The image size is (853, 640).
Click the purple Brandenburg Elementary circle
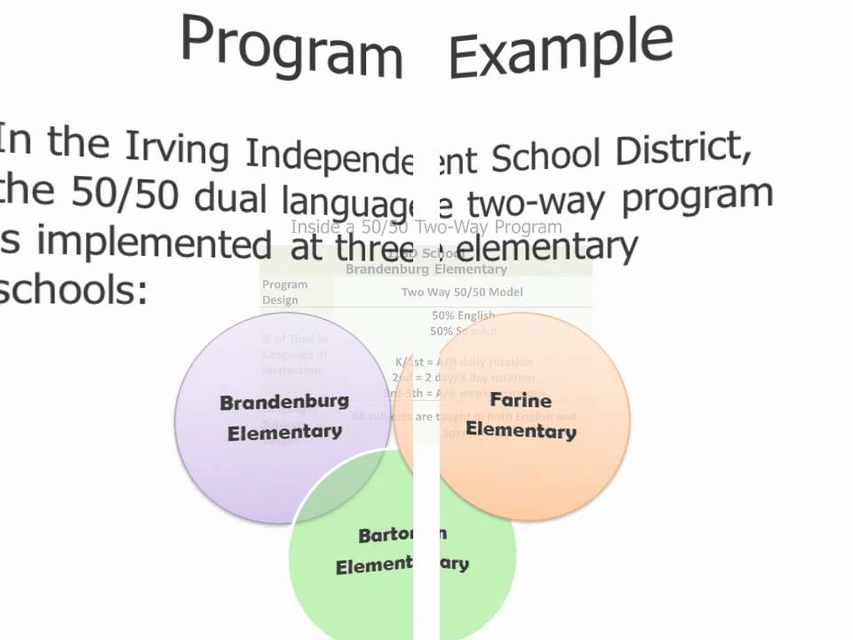[267, 462]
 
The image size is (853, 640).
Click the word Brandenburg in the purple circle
[284, 402]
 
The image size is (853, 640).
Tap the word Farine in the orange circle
[521, 400]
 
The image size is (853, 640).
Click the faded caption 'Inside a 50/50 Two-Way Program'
[426, 228]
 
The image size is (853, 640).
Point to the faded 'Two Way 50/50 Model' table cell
[462, 292]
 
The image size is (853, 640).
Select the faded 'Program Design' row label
[285, 292]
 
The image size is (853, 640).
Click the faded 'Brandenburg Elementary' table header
[426, 268]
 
